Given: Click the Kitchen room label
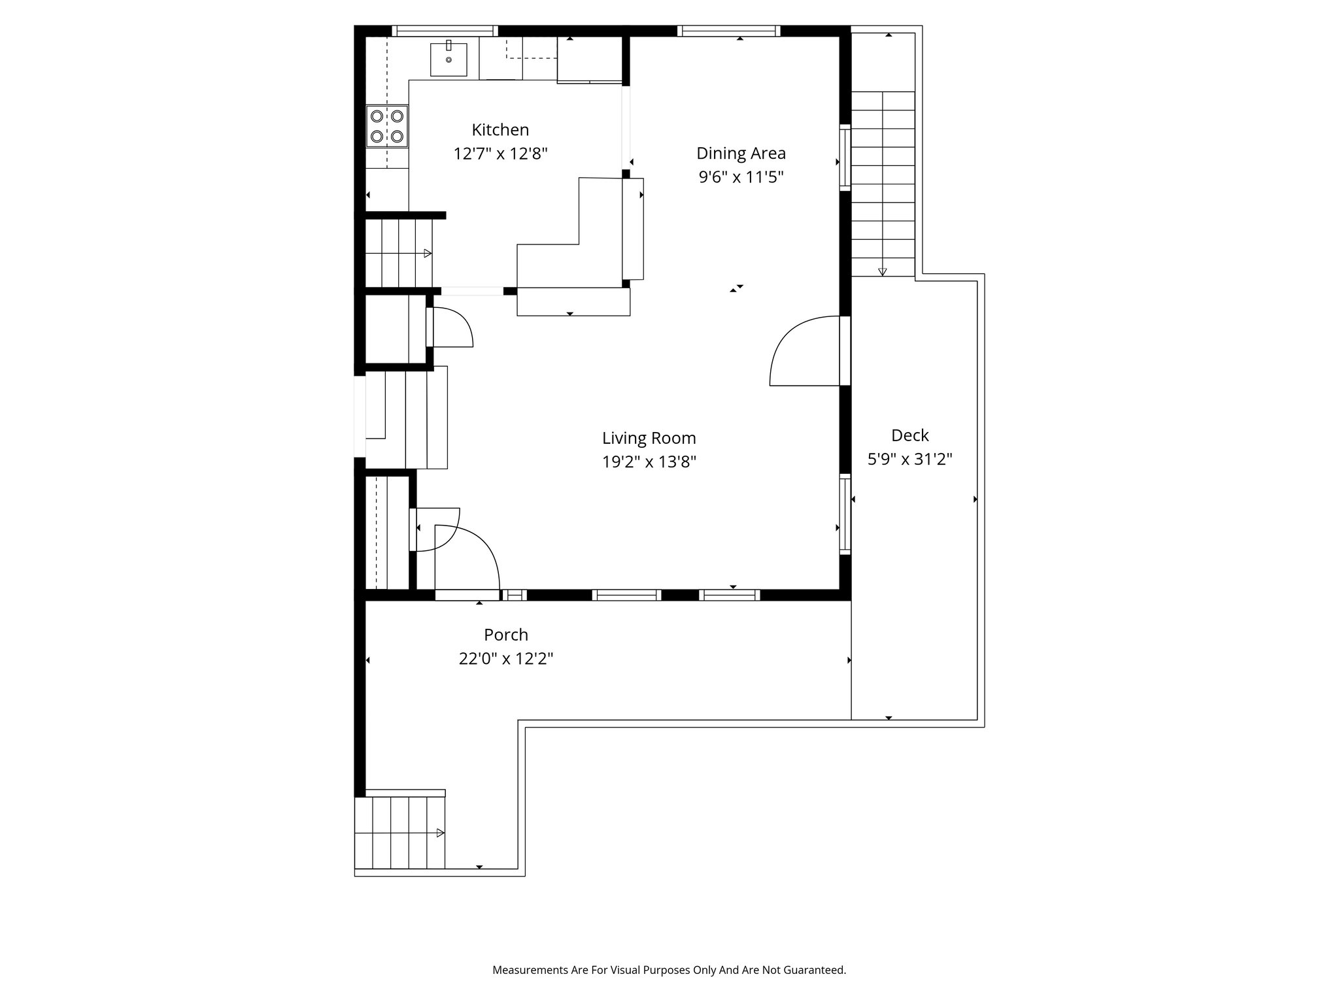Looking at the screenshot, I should pos(500,129).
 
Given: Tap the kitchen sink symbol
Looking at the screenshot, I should pos(449,59).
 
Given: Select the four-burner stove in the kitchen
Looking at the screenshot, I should pos(387,126).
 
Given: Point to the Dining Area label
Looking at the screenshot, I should pos(741,153).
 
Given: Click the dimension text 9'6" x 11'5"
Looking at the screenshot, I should pos(741,177).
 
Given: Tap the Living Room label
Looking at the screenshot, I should pos(649,438).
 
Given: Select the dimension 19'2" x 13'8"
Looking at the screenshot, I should pos(649,462).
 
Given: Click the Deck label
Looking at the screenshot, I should pos(909,435).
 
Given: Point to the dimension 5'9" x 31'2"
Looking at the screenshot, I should pos(909,460).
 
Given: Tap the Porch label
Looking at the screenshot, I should pos(505,635).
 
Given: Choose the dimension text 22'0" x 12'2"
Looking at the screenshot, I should pos(505,659).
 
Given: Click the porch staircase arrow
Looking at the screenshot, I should pos(440,833).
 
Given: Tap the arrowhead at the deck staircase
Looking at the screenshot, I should pos(882,271).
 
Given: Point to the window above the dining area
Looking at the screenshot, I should pos(728,31).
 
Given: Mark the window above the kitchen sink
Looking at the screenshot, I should pos(445,31).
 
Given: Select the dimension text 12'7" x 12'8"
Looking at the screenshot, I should pos(500,154).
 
